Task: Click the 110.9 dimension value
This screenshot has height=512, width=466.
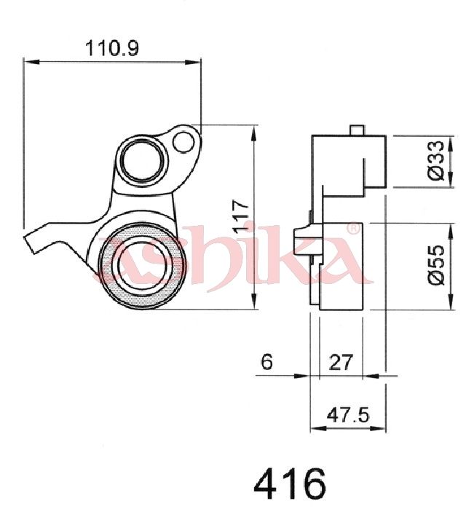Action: point(112,48)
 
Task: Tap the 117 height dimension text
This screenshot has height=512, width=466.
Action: point(240,216)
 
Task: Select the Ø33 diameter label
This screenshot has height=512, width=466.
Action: point(437,160)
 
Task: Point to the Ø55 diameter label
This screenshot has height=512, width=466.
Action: point(437,264)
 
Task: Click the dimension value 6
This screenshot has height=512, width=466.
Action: point(266,362)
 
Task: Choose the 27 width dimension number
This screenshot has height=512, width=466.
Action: point(341,362)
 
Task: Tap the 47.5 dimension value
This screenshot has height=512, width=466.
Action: point(348,415)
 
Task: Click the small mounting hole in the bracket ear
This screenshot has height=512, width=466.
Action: point(183,142)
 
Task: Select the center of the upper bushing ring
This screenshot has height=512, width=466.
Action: point(142,159)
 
